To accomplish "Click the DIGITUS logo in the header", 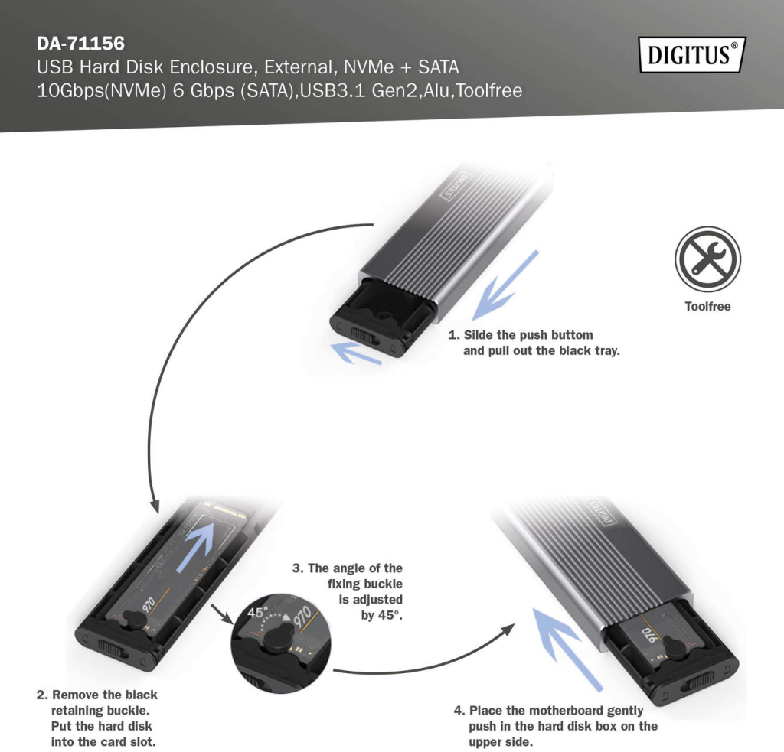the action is (x=692, y=54).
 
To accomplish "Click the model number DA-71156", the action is (x=80, y=44).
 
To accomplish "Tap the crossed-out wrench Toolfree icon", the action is (x=707, y=259).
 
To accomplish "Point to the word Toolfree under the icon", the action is (x=707, y=306).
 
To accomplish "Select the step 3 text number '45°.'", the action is (x=390, y=615).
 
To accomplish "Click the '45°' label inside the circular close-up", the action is (x=258, y=612).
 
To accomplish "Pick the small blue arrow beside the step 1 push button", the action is (x=356, y=353).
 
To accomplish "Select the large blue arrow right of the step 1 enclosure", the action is (x=505, y=285).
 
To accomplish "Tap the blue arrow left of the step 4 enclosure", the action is (x=567, y=649).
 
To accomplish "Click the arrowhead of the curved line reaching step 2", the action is (x=155, y=506).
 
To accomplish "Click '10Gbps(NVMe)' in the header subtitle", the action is (x=102, y=91).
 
